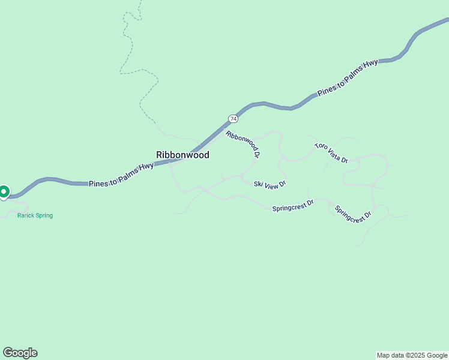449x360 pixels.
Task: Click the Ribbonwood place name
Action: click(x=182, y=155)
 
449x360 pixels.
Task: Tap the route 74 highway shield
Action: click(x=233, y=119)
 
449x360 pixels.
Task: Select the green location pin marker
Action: click(x=4, y=192)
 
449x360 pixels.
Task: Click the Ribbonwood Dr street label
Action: click(x=243, y=144)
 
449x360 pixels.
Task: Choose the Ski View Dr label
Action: click(x=270, y=184)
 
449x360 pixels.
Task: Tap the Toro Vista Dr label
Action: click(x=331, y=153)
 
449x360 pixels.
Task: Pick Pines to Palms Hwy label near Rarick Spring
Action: click(x=121, y=175)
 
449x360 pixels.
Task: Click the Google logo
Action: click(x=20, y=353)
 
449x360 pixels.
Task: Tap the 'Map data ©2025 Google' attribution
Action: click(x=412, y=355)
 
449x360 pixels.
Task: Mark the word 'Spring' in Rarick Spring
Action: click(x=43, y=215)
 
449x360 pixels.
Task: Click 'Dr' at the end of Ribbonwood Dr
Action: click(x=257, y=154)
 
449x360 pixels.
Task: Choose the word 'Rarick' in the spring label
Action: click(x=25, y=215)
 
